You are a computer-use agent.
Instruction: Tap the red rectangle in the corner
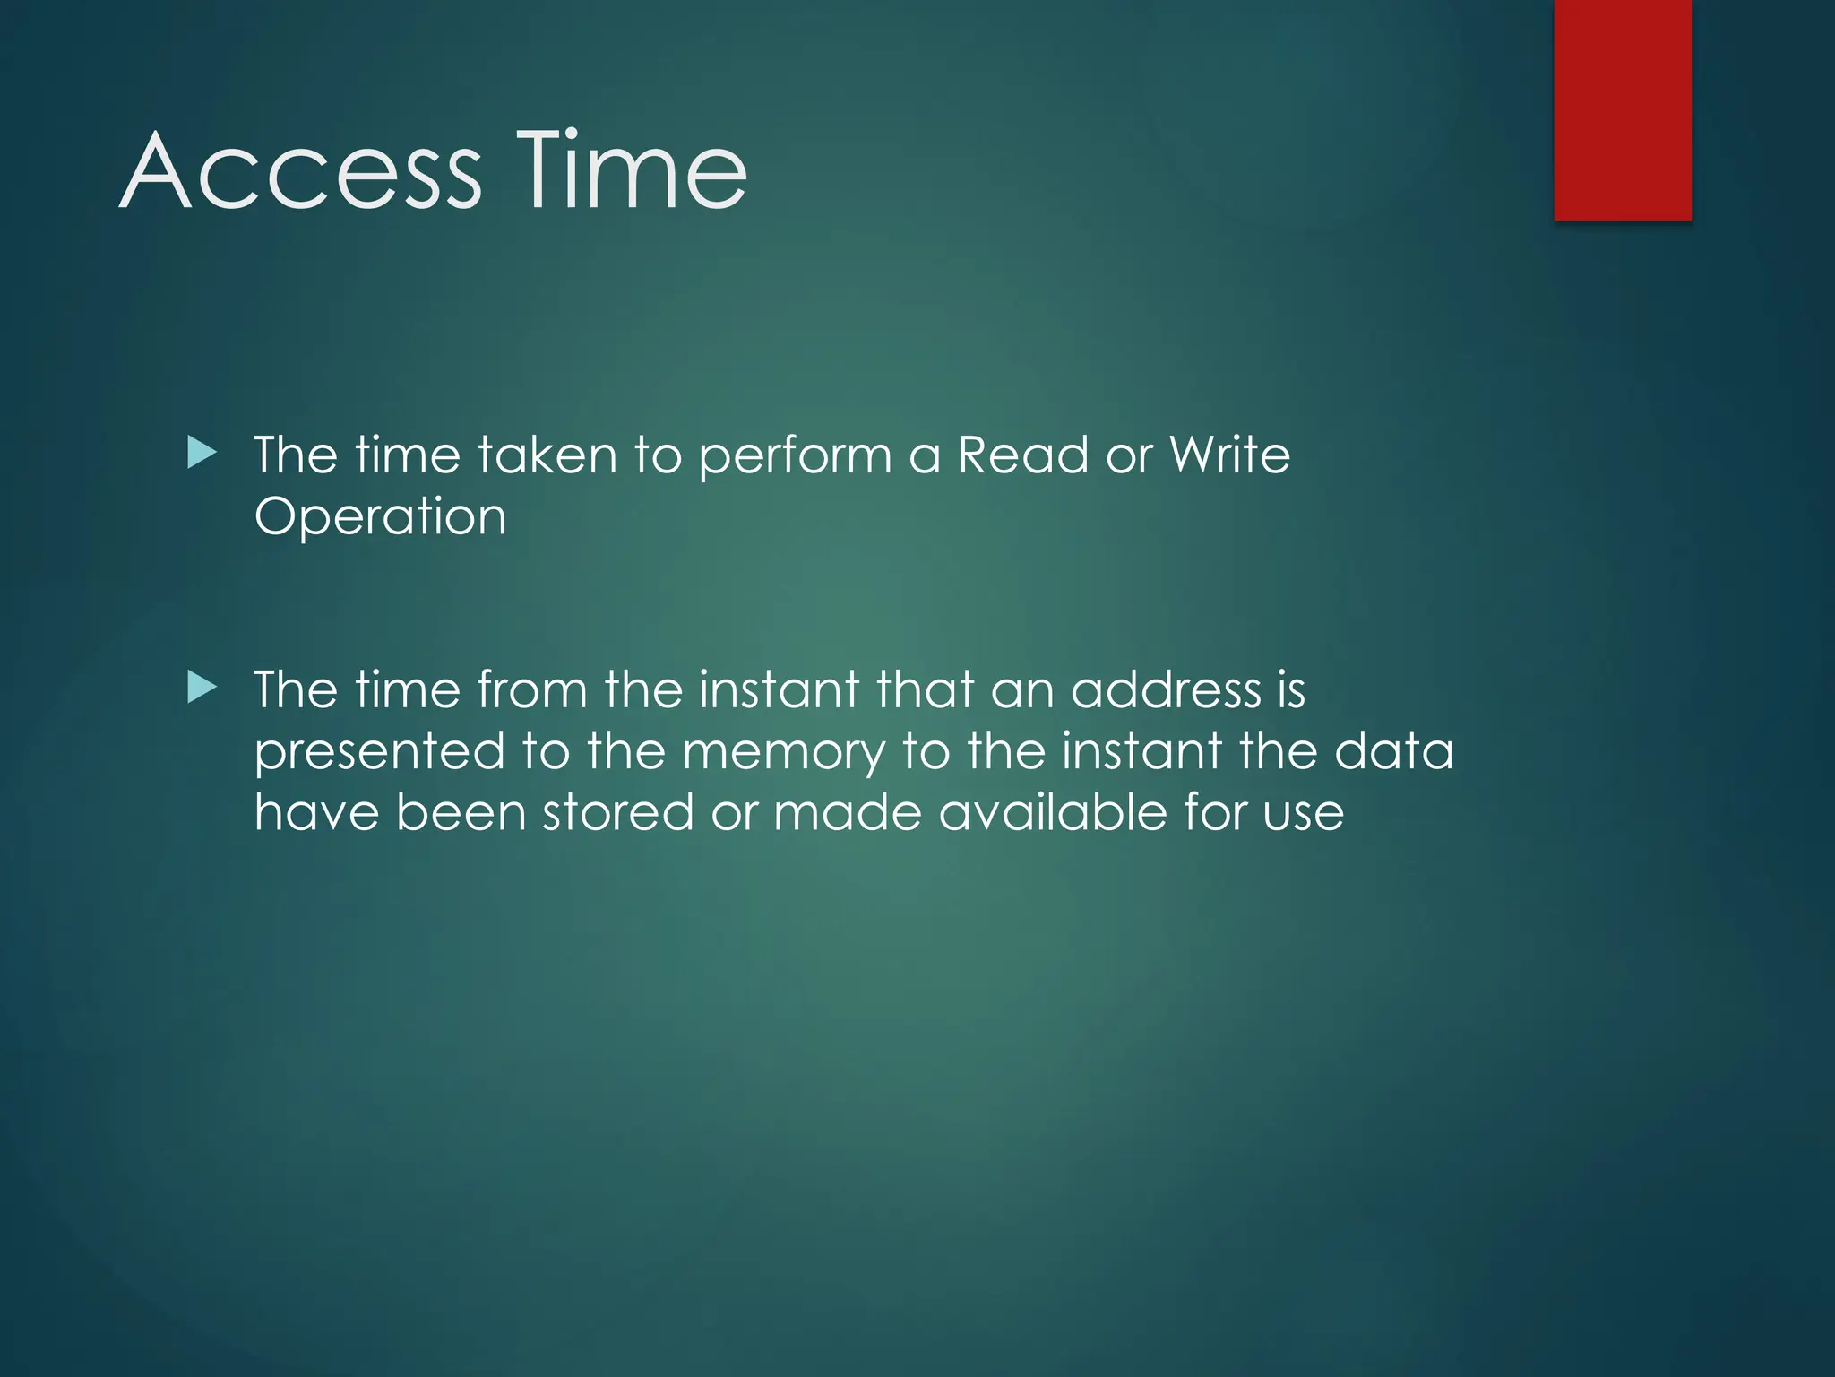1623,109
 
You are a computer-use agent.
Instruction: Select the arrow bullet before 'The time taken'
202,454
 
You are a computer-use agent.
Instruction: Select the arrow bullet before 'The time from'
202,688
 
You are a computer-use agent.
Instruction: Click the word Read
1023,455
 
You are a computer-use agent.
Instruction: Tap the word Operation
381,517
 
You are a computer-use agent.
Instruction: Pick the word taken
547,455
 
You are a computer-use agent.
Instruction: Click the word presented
380,752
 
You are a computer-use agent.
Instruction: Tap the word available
1053,812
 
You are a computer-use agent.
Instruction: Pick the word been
461,812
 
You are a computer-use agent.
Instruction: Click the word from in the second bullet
531,689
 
